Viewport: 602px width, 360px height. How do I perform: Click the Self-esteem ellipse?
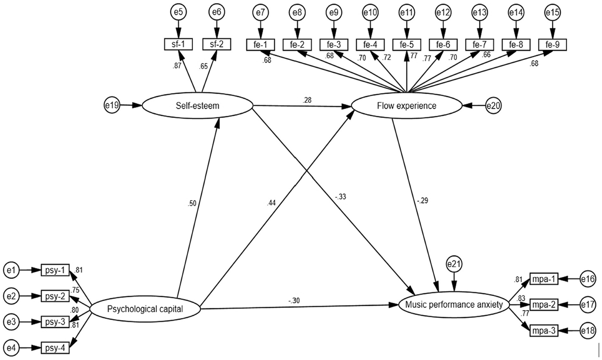pyautogui.click(x=197, y=105)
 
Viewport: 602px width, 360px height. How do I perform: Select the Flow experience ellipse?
pyautogui.click(x=406, y=105)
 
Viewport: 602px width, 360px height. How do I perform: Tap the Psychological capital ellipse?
pyautogui.click(x=145, y=309)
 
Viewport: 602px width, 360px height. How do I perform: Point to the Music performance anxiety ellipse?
pyautogui.click(x=454, y=305)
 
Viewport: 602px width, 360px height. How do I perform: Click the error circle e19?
pyautogui.click(x=112, y=105)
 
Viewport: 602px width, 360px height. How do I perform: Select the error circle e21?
pyautogui.click(x=454, y=264)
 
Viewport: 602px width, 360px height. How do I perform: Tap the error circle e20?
pyautogui.click(x=493, y=105)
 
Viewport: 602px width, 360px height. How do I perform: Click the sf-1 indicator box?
pyautogui.click(x=178, y=44)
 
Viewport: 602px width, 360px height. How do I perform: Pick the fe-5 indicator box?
pyautogui.click(x=407, y=45)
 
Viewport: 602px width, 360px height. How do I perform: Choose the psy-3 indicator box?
pyautogui.click(x=55, y=322)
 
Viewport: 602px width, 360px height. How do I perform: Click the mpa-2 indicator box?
pyautogui.click(x=544, y=304)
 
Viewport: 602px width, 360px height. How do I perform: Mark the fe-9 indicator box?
pyautogui.click(x=553, y=45)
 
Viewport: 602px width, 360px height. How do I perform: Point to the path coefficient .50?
pyautogui.click(x=192, y=203)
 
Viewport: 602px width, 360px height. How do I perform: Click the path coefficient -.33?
pyautogui.click(x=340, y=197)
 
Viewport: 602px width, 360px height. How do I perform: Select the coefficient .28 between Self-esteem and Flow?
pyautogui.click(x=307, y=100)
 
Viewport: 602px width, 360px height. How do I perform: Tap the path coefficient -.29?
pyautogui.click(x=422, y=201)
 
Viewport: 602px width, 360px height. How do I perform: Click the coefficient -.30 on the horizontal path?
pyautogui.click(x=294, y=301)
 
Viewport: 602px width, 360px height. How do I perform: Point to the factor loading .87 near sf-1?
pyautogui.click(x=177, y=66)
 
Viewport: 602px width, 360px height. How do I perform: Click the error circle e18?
pyautogui.click(x=588, y=331)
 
